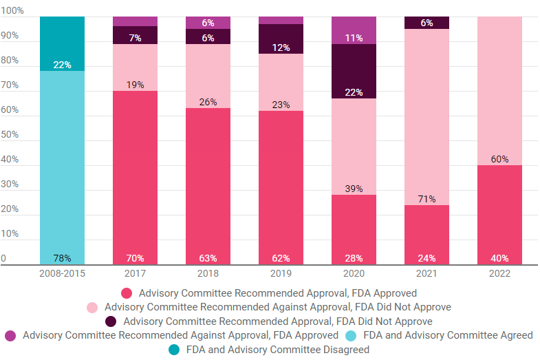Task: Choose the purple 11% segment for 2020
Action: click(354, 30)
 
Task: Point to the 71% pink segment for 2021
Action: click(426, 117)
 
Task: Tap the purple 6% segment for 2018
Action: click(208, 23)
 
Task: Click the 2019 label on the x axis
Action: click(281, 275)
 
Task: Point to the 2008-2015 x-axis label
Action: click(62, 275)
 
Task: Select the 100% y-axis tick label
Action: click(12, 11)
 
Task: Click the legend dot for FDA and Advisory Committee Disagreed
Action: click(173, 350)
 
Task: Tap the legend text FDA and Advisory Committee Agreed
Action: click(448, 335)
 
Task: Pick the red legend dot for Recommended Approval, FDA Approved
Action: click(126, 293)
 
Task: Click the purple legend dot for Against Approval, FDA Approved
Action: click(11, 335)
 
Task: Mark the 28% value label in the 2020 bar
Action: click(354, 258)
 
